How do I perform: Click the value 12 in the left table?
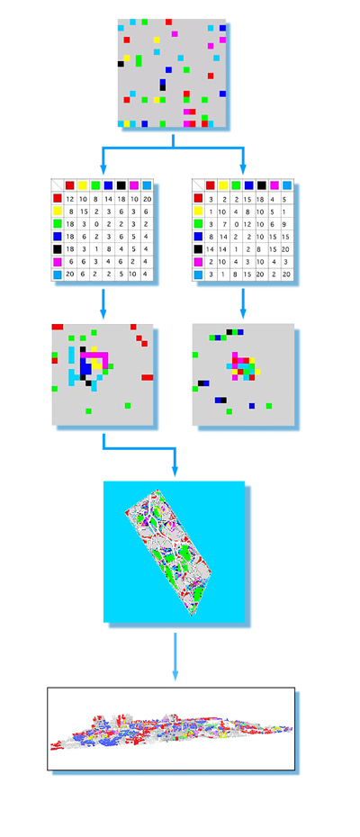(x=70, y=199)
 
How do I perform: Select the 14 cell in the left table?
(x=109, y=199)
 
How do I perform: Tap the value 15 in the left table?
(x=84, y=211)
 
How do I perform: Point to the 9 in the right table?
(x=288, y=224)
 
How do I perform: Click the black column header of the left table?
(x=121, y=185)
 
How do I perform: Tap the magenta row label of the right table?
(x=198, y=263)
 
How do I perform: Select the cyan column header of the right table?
(x=288, y=185)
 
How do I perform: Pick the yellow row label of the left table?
(x=58, y=211)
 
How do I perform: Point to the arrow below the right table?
(x=243, y=303)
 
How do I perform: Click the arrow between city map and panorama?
(x=175, y=657)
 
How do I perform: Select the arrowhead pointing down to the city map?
(x=175, y=471)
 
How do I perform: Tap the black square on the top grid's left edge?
(x=121, y=64)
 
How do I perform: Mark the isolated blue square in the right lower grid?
(x=252, y=406)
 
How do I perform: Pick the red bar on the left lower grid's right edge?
(x=148, y=377)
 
